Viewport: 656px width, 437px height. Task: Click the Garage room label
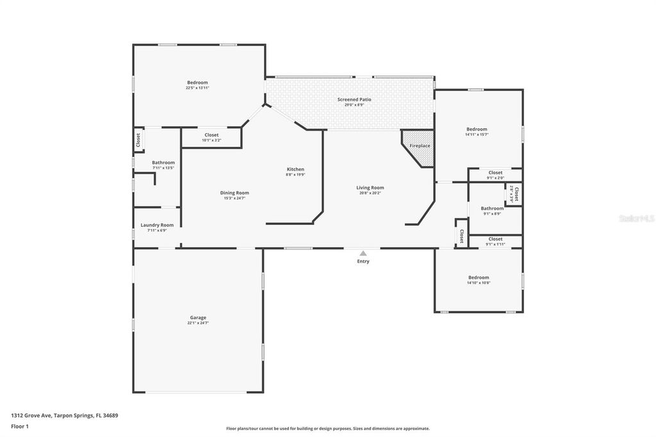pos(197,317)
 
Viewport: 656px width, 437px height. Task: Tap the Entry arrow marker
pos(363,253)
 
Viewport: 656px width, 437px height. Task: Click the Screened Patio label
pos(354,99)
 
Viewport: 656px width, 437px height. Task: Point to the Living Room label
pos(370,188)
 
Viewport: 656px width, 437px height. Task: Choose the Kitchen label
pos(295,169)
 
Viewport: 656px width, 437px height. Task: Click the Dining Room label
pos(234,193)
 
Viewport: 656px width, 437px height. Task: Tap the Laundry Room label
pos(157,225)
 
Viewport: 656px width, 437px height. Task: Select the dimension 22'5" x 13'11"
pos(197,88)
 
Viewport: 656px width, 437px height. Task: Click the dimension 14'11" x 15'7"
pos(477,135)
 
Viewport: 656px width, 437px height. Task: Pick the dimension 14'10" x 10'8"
pos(478,283)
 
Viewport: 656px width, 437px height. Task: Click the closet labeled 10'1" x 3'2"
pos(211,140)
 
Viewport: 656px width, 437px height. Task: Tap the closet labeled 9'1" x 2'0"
pos(495,177)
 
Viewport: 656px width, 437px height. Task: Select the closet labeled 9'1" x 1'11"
pos(495,244)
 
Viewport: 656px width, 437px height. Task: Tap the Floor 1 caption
pos(20,425)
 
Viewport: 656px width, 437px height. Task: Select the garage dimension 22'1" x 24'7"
pos(197,323)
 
